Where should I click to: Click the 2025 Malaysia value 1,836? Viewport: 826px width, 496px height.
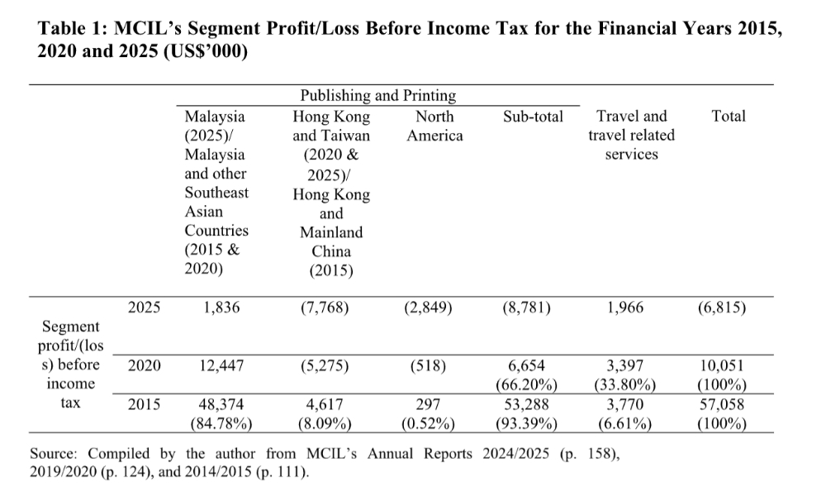pos(221,308)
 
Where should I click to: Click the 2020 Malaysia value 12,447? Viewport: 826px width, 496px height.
pos(221,365)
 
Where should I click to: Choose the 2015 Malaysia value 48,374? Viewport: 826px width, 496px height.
pos(221,405)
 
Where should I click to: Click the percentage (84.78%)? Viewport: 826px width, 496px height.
pos(221,424)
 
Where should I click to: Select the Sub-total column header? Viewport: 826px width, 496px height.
pos(533,117)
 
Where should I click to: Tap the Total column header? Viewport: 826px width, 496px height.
pos(728,117)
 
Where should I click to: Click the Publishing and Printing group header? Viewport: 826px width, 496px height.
pos(377,96)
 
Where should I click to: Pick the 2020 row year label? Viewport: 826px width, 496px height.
pos(145,365)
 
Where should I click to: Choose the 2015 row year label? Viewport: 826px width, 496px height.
pos(145,405)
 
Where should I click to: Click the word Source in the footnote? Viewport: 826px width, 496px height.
pos(55,454)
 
